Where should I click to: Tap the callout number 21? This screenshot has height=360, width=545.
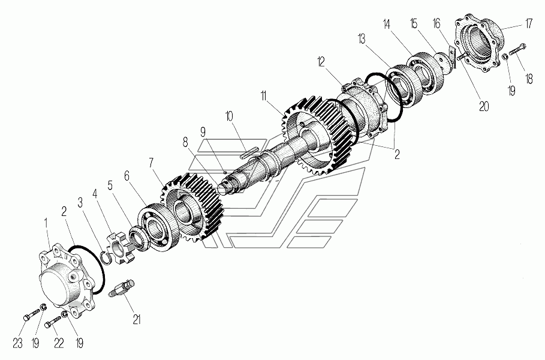coord(136,319)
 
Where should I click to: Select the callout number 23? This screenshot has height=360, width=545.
coord(17,343)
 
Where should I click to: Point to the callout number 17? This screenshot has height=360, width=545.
coord(528,23)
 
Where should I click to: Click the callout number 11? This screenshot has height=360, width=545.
coord(264,95)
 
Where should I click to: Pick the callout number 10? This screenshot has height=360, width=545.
coord(229,116)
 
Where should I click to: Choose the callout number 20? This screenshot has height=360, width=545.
coord(484,106)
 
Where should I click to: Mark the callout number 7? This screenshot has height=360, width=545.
coord(151,163)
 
